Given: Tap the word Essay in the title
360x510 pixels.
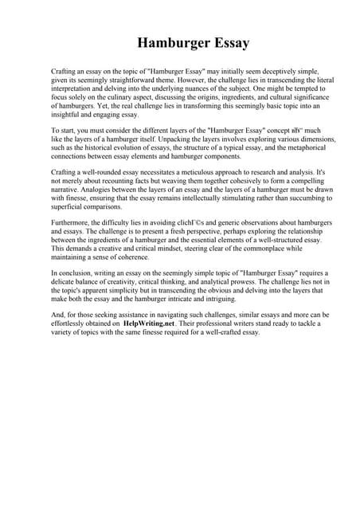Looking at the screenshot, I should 227,42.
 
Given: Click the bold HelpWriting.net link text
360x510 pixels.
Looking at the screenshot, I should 149,324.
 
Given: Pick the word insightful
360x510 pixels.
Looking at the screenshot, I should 68,115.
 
